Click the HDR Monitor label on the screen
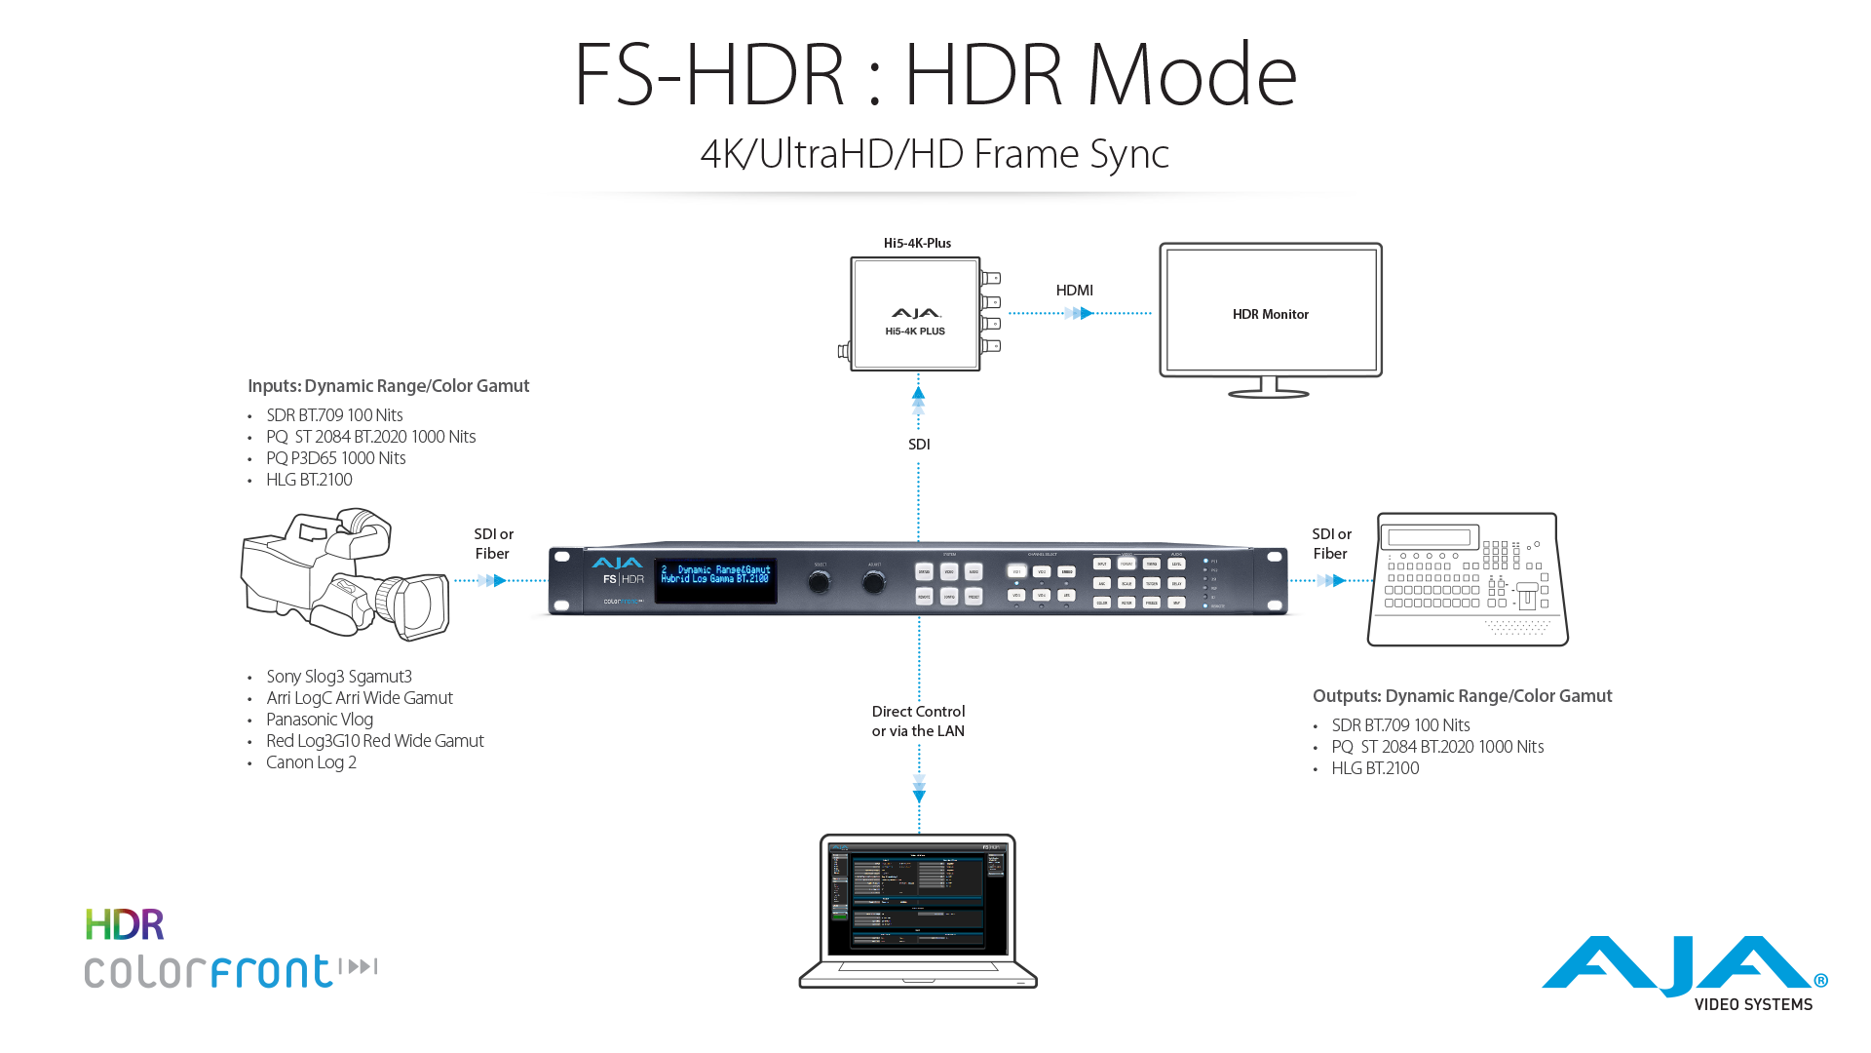[x=1270, y=314]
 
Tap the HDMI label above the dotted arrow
[x=1074, y=291]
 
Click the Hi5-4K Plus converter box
[x=915, y=314]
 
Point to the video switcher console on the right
[x=1468, y=580]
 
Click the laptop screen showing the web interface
[x=917, y=898]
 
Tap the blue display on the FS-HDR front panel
[x=715, y=575]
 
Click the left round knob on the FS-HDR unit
[x=820, y=582]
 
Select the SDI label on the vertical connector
[x=919, y=445]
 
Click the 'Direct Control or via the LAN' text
[x=918, y=721]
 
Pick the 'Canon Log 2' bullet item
[x=311, y=762]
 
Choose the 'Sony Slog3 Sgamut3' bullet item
[x=338, y=677]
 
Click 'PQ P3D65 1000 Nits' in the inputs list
[x=335, y=458]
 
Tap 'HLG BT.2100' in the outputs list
[x=1375, y=768]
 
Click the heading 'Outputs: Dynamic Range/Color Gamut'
[x=1462, y=696]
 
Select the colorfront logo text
[x=210, y=971]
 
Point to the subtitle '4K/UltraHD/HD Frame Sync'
[x=935, y=154]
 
